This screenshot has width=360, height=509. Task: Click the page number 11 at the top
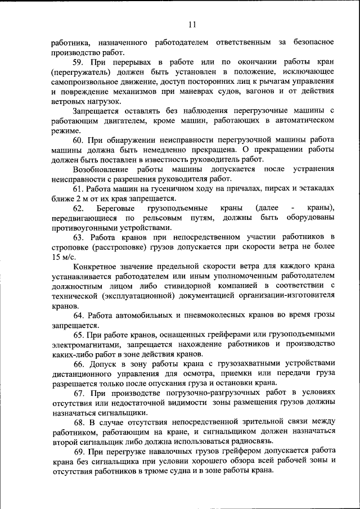(x=192, y=24)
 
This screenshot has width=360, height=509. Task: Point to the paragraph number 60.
(x=79, y=141)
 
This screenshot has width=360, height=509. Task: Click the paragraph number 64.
(x=79, y=316)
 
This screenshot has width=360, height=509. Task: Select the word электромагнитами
(x=85, y=345)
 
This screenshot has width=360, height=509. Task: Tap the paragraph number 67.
(x=79, y=394)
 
